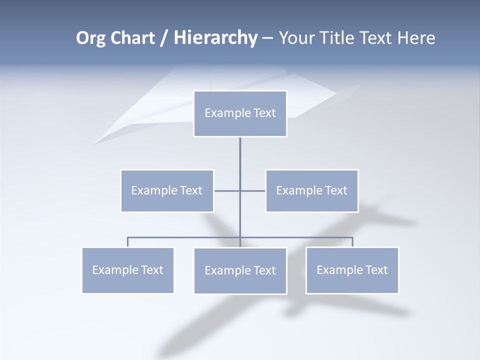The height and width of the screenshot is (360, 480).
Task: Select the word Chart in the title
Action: tap(133, 38)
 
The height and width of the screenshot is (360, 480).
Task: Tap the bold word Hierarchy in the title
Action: tap(215, 38)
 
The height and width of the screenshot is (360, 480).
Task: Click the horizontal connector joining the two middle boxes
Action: tap(227, 190)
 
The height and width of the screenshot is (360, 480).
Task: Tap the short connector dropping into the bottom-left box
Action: tap(127, 242)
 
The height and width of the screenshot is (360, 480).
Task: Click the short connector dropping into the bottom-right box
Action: tap(352, 242)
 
